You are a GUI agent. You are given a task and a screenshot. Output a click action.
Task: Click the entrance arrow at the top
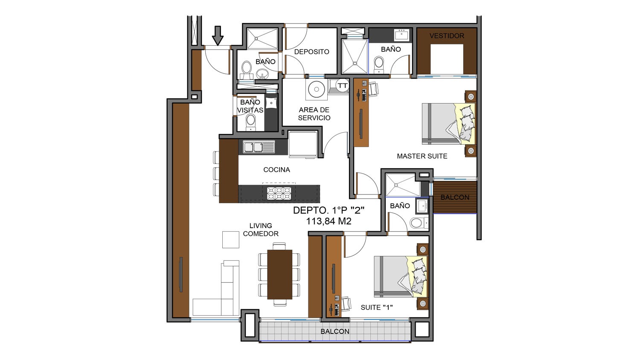click(218, 36)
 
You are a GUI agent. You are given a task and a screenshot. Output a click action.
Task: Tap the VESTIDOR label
click(447, 36)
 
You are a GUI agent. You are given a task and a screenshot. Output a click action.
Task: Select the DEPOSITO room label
click(311, 52)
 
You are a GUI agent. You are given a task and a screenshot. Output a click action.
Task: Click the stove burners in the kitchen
click(279, 193)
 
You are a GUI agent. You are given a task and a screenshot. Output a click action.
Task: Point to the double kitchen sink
click(259, 147)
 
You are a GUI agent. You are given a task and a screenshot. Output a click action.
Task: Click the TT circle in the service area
click(342, 85)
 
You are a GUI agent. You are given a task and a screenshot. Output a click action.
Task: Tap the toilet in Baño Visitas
click(251, 122)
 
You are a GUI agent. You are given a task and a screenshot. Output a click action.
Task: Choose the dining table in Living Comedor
click(279, 275)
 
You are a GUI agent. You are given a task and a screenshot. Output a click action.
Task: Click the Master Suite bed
click(449, 124)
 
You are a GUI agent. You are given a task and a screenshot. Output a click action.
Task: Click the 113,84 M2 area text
click(329, 221)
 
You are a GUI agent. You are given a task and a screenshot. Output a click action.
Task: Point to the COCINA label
click(276, 170)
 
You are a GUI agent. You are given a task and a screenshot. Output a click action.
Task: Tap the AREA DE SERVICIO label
click(314, 114)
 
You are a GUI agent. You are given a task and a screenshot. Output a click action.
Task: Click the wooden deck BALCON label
click(454, 197)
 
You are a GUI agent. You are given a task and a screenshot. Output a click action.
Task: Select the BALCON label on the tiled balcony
click(335, 331)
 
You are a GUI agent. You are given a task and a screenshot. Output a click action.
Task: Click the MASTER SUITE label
click(422, 156)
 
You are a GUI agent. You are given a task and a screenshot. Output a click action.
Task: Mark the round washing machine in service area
click(316, 89)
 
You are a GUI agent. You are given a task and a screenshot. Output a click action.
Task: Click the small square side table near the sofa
click(230, 240)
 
